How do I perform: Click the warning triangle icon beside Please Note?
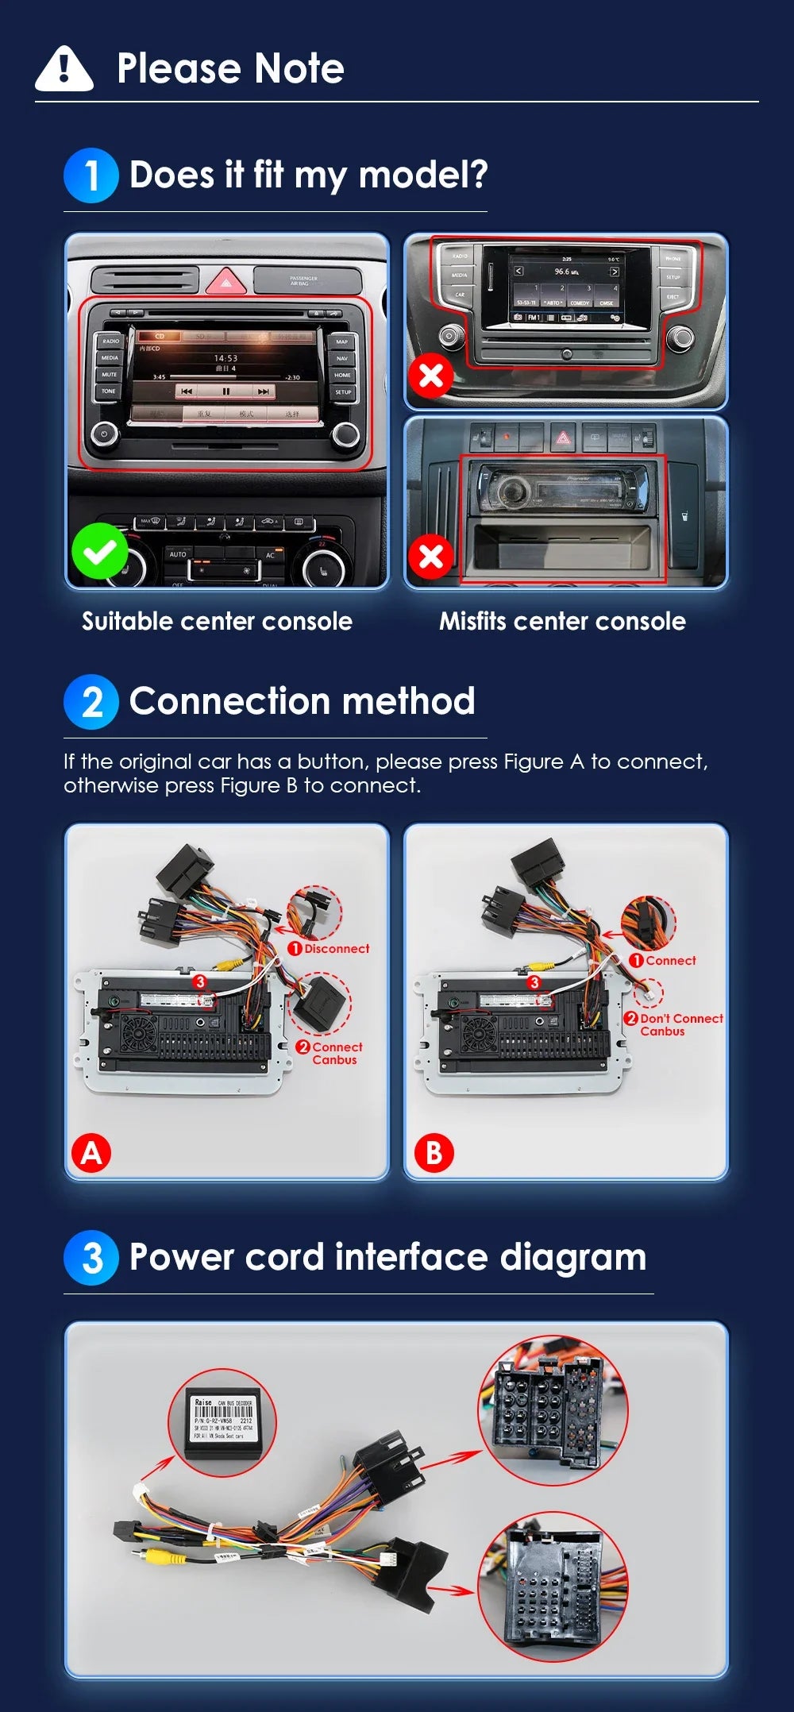tap(64, 68)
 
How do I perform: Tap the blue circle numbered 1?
tap(91, 175)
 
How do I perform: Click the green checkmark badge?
tap(100, 551)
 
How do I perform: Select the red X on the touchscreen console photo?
tap(431, 375)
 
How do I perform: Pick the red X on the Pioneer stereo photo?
tap(431, 557)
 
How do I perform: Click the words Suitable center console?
tap(217, 621)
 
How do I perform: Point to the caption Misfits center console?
tap(562, 621)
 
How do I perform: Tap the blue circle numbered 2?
tap(91, 702)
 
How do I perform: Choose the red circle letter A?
tap(91, 1153)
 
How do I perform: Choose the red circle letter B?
tap(434, 1153)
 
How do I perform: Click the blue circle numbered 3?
tap(91, 1258)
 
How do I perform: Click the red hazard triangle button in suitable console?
tap(225, 281)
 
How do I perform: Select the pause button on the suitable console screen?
tap(225, 391)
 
